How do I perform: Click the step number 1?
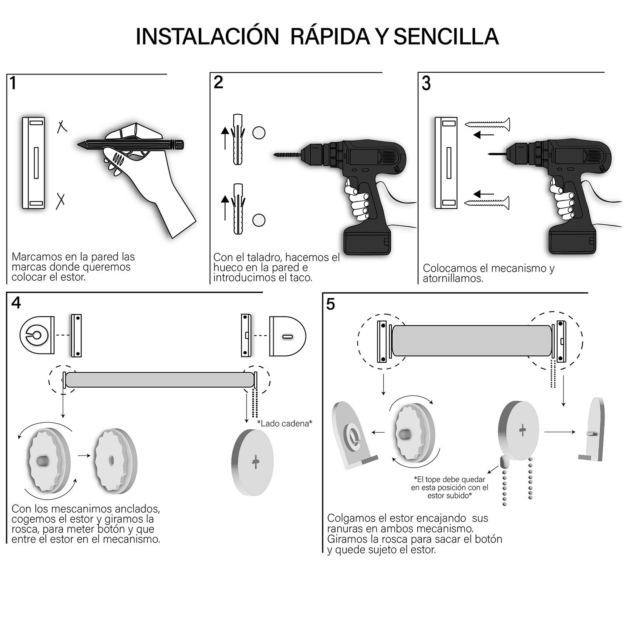[14, 84]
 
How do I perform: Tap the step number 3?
[426, 84]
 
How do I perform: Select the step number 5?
[330, 305]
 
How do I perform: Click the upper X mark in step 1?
[62, 126]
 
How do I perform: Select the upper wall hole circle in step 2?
[259, 133]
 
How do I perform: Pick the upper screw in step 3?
[488, 124]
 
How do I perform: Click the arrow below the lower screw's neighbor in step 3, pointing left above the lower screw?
[483, 194]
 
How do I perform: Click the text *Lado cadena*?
[284, 423]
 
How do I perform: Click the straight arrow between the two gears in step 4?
[84, 456]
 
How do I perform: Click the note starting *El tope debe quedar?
[449, 487]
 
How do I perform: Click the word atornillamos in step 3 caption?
[453, 278]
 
